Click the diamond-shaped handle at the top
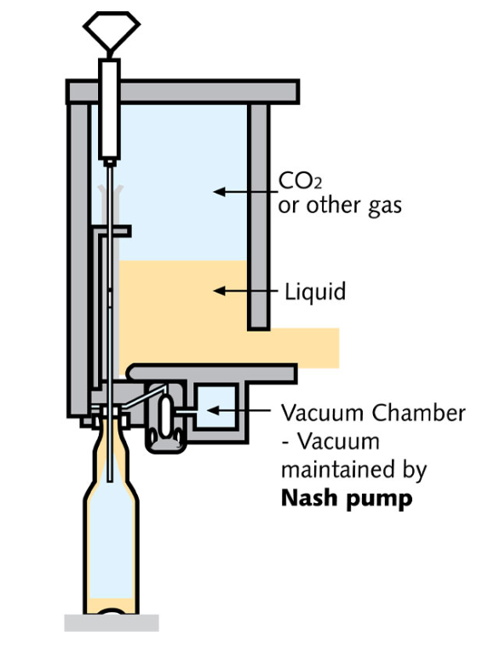(x=112, y=31)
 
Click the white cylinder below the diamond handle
(x=110, y=109)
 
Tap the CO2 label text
(x=300, y=181)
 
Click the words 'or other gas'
(x=340, y=205)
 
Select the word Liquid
(x=315, y=291)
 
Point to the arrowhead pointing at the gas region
(x=219, y=192)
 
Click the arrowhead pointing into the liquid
(x=219, y=291)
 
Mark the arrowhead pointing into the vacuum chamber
(x=212, y=410)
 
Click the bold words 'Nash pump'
(x=347, y=498)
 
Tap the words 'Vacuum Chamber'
(x=373, y=413)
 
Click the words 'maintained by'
(x=354, y=470)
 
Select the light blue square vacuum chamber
(x=216, y=407)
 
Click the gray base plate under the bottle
(x=112, y=622)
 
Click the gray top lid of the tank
(x=182, y=91)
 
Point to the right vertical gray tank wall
(x=259, y=217)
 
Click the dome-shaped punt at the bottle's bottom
(x=111, y=611)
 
